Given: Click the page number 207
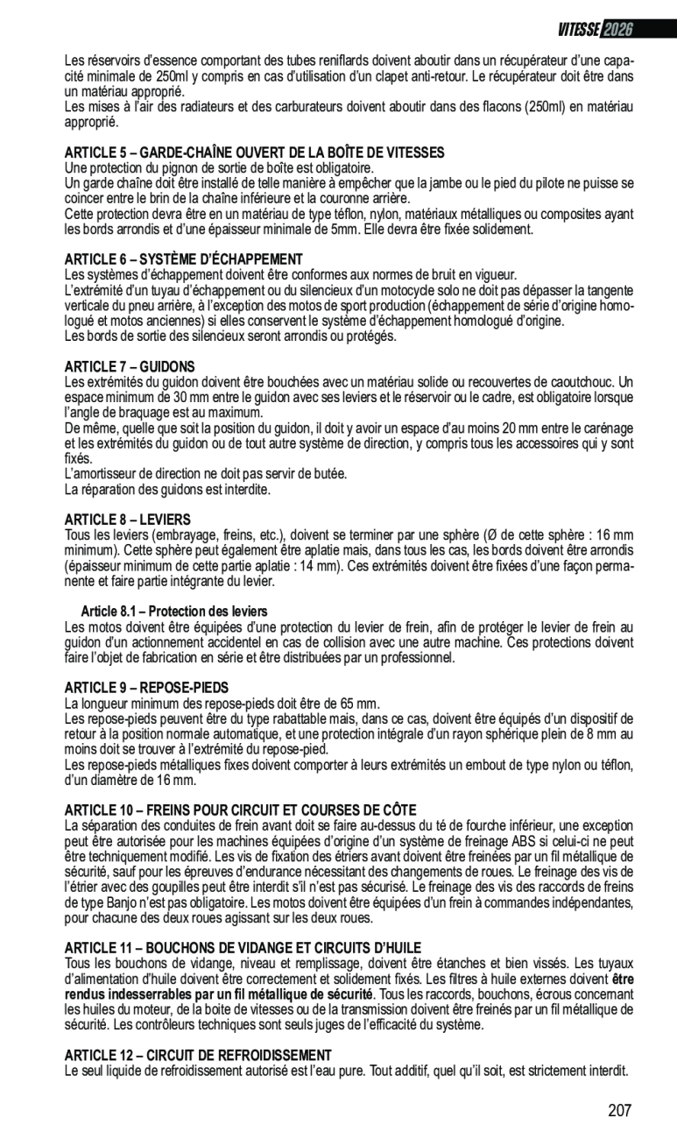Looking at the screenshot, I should pyautogui.click(x=619, y=1111).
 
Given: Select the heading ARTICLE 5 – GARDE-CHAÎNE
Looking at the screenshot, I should pyautogui.click(x=255, y=152).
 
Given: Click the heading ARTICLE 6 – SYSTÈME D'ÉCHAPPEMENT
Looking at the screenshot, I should pyautogui.click(x=184, y=259).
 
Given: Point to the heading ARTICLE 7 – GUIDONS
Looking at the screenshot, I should pyautogui.click(x=130, y=366).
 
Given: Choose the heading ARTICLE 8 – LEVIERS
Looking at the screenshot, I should pyautogui.click(x=128, y=520).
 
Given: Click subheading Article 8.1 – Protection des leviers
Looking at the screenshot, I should pyautogui.click(x=174, y=611).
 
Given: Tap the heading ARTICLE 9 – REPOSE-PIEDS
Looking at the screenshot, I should pyautogui.click(x=146, y=687).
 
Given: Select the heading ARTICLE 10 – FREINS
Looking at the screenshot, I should pyautogui.click(x=241, y=810).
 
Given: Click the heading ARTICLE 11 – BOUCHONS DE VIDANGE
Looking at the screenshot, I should pyautogui.click(x=243, y=947).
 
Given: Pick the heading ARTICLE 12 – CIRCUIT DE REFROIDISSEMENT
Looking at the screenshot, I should pyautogui.click(x=198, y=1055).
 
